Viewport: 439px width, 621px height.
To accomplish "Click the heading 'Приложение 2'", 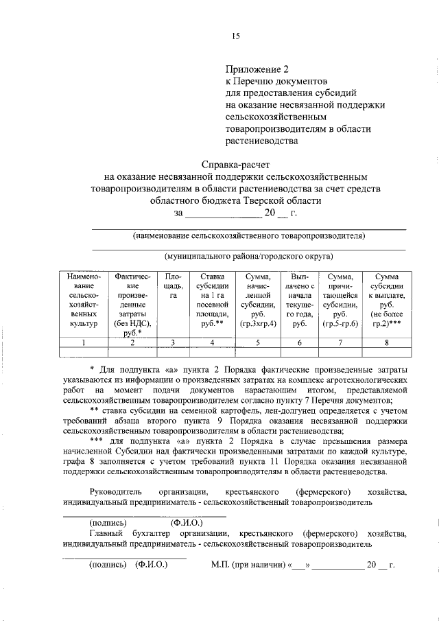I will click(255, 69).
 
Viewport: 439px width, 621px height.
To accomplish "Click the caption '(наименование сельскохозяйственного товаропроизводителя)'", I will click(248, 236).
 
